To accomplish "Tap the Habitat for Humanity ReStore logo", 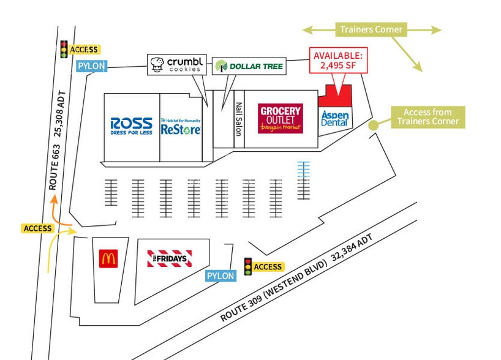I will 181,127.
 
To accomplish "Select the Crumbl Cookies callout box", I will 176,64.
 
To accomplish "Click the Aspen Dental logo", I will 335,119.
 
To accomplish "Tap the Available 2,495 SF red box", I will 338,59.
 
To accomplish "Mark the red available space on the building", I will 336,97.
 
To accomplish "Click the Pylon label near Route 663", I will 91,66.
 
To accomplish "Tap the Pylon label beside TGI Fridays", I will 220,276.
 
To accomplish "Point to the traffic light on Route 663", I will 63,49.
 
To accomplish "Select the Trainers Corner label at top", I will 372,29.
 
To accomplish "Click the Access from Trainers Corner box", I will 428,117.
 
